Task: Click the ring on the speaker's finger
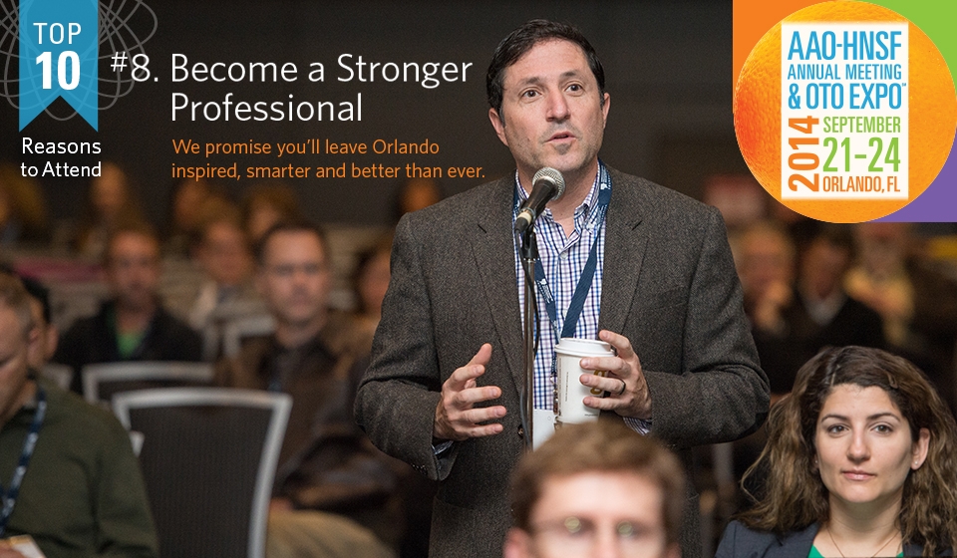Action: click(622, 388)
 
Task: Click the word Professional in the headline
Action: click(267, 108)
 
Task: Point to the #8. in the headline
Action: click(135, 67)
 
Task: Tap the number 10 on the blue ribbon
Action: click(58, 70)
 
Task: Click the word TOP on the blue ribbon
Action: click(58, 34)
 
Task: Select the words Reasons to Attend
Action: click(61, 157)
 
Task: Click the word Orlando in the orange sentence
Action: click(406, 146)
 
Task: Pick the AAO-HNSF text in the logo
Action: click(844, 46)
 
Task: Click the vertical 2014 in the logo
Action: click(803, 152)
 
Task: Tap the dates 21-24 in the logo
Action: click(861, 154)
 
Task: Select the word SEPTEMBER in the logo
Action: click(861, 125)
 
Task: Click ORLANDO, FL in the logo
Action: click(861, 183)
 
